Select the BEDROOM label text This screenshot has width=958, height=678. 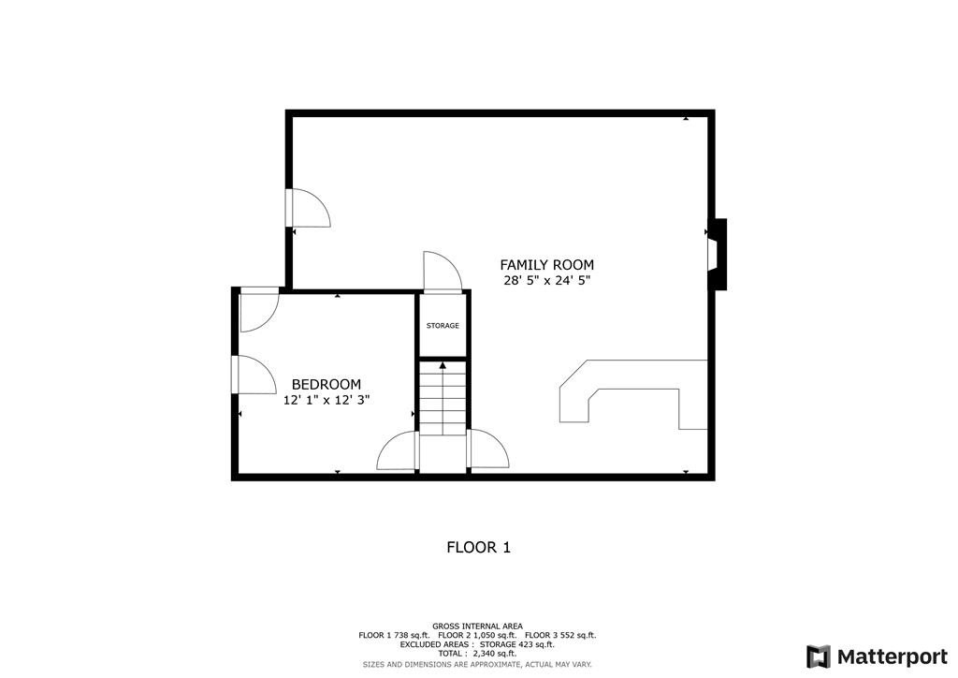(x=327, y=384)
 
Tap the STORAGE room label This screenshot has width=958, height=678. (x=443, y=326)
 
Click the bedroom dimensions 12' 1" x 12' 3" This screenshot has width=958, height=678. (x=327, y=400)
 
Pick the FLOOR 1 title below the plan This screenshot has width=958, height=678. (x=478, y=547)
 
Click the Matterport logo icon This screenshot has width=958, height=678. (x=819, y=656)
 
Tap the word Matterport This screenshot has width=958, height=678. (x=891, y=656)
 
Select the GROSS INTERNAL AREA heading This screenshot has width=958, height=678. (x=477, y=626)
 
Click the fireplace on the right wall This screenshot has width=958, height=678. (x=717, y=254)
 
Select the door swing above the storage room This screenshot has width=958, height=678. (x=442, y=272)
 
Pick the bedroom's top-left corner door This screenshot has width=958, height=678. (x=258, y=312)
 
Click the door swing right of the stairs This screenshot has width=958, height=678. (x=487, y=450)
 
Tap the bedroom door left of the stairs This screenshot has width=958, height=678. (x=398, y=451)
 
